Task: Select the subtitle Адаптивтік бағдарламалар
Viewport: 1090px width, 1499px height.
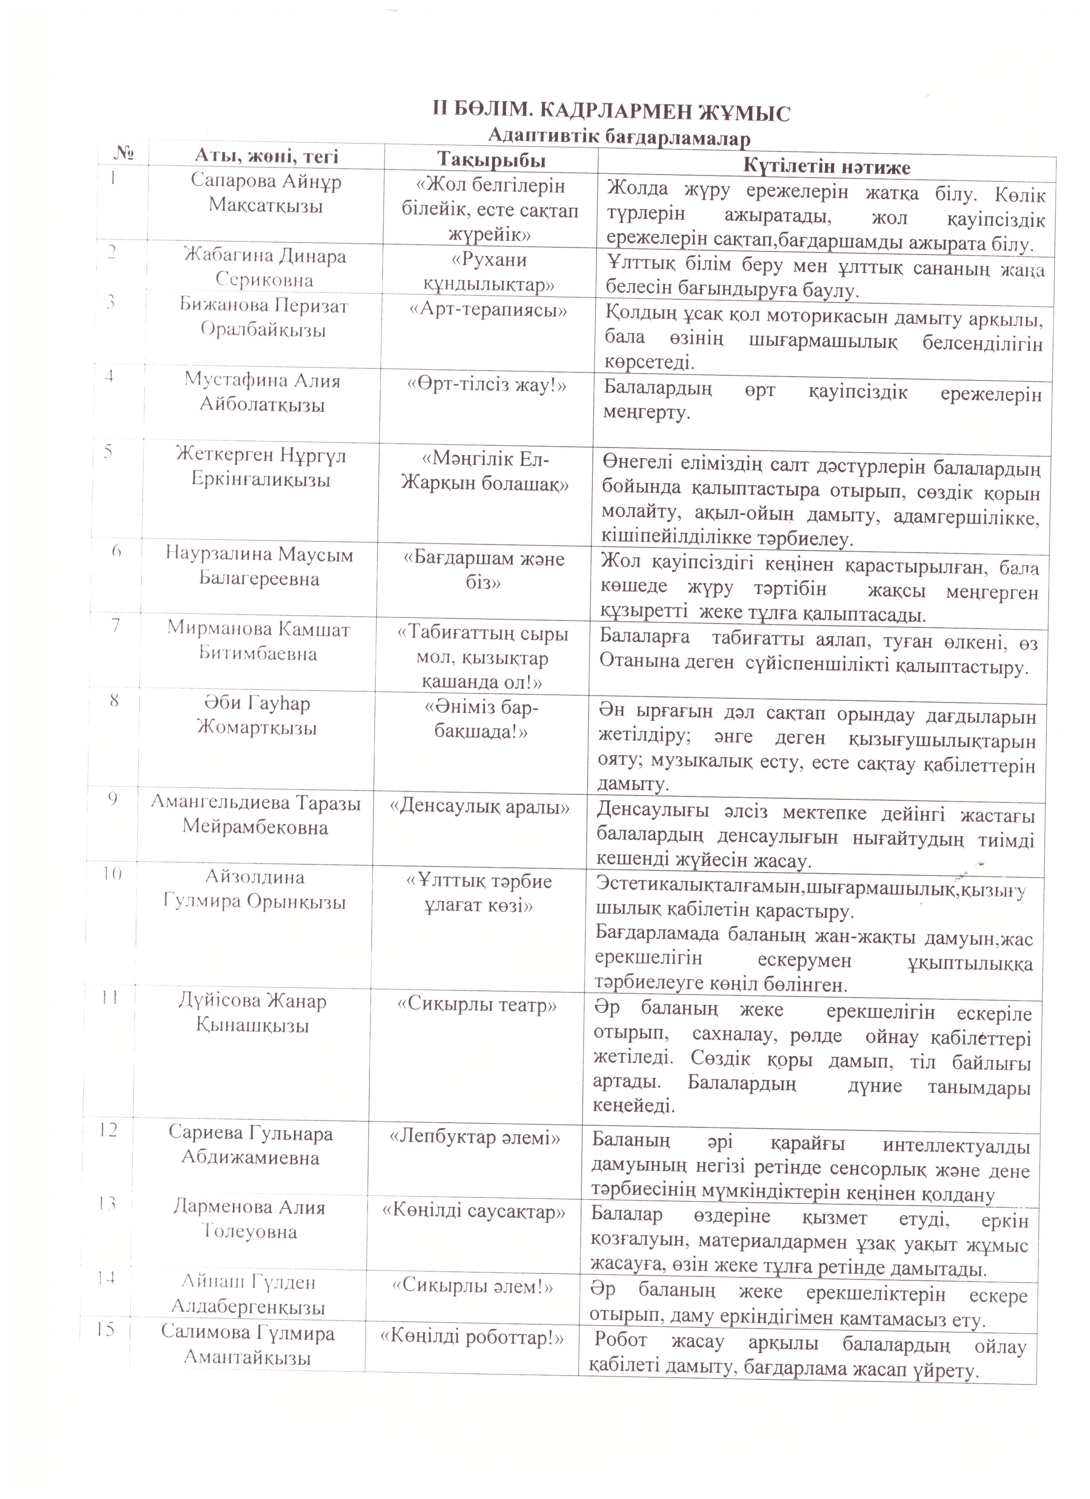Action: tap(619, 138)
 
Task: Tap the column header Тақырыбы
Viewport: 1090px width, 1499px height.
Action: tap(491, 160)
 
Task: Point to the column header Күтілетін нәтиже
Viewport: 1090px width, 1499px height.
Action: tap(826, 165)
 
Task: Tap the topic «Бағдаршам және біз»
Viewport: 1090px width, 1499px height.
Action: tap(484, 571)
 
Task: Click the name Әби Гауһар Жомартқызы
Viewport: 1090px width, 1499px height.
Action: tap(256, 715)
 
